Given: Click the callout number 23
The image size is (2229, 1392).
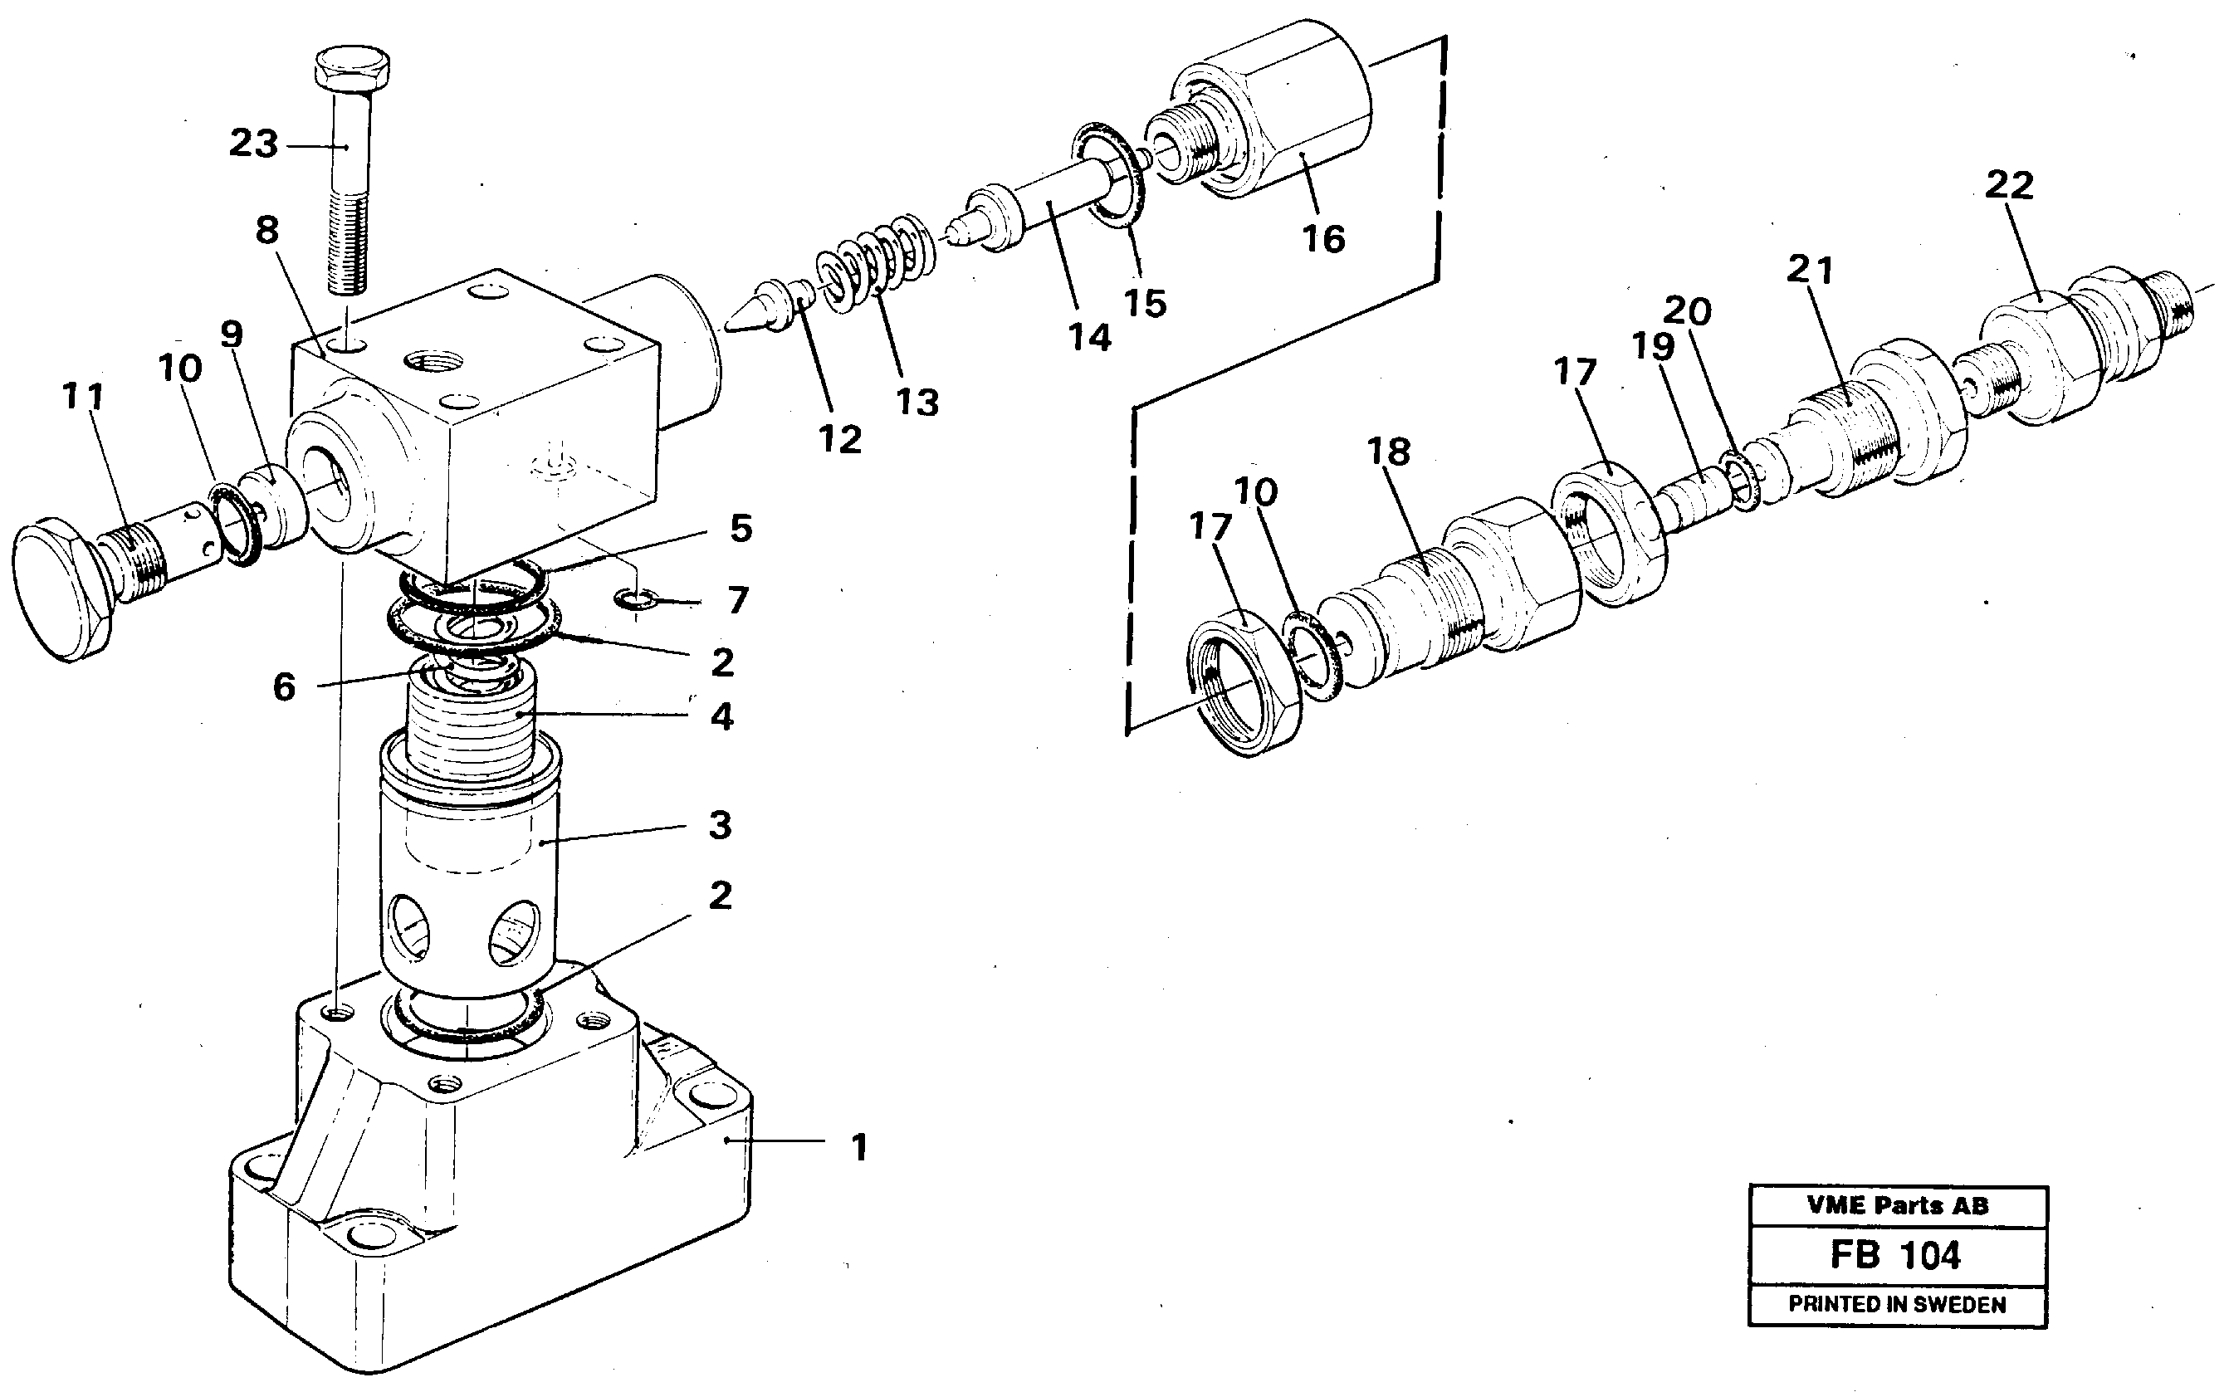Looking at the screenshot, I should (253, 144).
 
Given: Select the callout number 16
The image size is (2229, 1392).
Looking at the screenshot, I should (1323, 239).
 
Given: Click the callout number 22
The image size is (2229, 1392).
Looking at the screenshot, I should (2009, 185).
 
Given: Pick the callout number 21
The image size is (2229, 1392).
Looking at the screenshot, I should (1810, 270).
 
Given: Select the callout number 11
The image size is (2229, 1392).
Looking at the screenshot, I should (83, 397).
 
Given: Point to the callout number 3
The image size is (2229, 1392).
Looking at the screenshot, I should (720, 825).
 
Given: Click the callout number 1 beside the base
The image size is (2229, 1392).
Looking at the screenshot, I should (859, 1148).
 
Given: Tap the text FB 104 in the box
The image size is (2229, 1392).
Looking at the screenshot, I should (1896, 1256).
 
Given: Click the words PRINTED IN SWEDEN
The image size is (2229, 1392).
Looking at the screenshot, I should (1897, 1305).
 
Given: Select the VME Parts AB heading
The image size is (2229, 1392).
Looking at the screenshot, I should (1897, 1206).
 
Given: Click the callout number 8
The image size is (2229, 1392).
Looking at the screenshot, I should (267, 230).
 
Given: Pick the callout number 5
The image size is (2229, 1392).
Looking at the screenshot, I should (741, 529).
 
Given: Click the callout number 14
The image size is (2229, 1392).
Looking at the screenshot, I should (1089, 338).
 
